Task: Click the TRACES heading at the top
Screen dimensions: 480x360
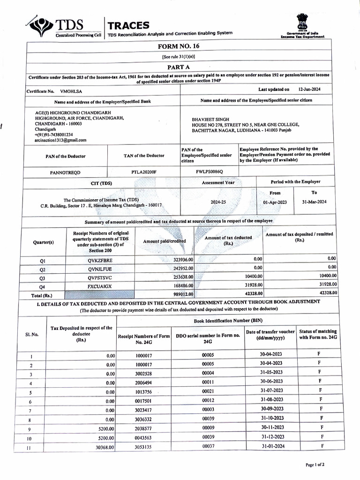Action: click(x=128, y=25)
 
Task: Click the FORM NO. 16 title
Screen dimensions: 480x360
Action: click(x=179, y=46)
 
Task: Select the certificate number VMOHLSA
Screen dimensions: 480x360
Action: click(x=71, y=91)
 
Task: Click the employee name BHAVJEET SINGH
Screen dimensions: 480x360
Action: click(x=210, y=120)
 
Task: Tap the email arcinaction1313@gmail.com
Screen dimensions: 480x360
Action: click(x=60, y=140)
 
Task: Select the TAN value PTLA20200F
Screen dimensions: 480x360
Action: click(x=144, y=172)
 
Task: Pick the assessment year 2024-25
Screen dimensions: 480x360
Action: click(x=218, y=202)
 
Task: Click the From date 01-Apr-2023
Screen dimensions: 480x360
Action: click(x=275, y=202)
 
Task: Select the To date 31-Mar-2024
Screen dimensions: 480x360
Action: click(x=314, y=202)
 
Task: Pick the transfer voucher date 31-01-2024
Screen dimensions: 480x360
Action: click(x=273, y=446)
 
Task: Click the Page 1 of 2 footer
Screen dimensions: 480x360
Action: click(x=315, y=465)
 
